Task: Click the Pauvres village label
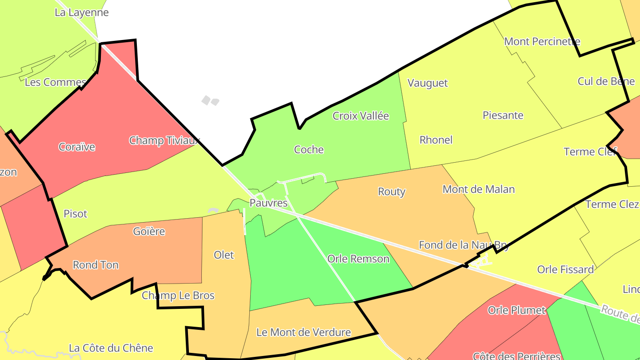(x=268, y=203)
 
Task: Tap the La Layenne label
(x=81, y=12)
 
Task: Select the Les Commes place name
(x=55, y=82)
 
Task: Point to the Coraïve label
(x=77, y=147)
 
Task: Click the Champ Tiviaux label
(x=164, y=140)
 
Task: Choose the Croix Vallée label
(x=360, y=116)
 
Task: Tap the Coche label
(x=308, y=150)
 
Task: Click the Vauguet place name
(x=428, y=83)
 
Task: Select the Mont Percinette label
(x=542, y=42)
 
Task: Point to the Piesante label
(x=503, y=116)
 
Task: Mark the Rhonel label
(x=436, y=140)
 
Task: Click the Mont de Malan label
(x=478, y=189)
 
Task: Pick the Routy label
(x=391, y=192)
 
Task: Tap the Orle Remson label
(x=358, y=259)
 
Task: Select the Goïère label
(x=149, y=232)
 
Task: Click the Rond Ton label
(x=96, y=265)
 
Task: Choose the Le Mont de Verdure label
(x=304, y=332)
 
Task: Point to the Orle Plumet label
(x=516, y=310)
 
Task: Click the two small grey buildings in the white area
(x=210, y=100)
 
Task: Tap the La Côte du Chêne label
(x=111, y=348)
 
